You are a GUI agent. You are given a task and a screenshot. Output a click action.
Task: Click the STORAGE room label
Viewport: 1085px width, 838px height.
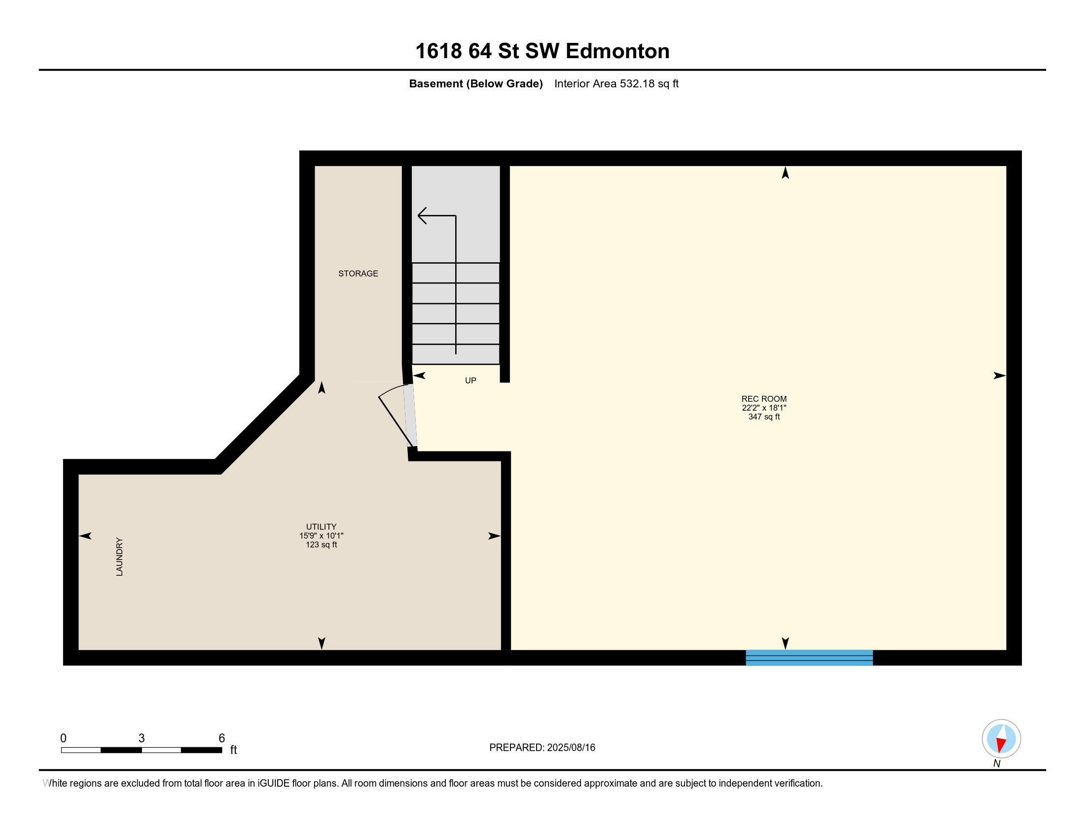358,274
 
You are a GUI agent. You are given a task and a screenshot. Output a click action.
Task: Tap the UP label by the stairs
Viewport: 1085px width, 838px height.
470,381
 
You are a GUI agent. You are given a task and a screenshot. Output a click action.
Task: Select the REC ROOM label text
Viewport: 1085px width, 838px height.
763,399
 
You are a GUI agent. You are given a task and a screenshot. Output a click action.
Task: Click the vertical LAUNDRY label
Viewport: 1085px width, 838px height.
119,557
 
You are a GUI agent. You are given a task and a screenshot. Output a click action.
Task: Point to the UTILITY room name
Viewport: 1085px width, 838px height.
321,527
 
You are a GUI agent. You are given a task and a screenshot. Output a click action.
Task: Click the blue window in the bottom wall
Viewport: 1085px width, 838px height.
809,658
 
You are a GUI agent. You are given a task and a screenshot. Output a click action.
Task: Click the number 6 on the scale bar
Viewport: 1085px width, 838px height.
221,738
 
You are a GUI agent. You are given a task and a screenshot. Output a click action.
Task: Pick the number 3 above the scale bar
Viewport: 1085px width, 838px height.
142,738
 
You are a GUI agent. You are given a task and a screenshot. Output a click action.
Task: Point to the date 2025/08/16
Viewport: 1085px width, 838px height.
570,748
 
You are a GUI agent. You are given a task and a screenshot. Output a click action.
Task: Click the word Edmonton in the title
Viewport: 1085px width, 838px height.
617,51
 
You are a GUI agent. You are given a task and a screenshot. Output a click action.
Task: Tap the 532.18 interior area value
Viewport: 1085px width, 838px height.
637,84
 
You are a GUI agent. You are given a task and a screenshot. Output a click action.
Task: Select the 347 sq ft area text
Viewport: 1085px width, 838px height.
763,417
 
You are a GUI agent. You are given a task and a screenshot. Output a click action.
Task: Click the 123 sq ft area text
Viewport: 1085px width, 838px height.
321,545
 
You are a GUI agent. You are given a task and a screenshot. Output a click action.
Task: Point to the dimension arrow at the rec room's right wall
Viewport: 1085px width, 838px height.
999,376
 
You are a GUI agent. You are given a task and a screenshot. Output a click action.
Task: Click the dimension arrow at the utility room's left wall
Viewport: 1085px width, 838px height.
85,536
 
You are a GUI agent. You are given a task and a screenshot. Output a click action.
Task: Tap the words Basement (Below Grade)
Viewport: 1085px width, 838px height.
475,84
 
